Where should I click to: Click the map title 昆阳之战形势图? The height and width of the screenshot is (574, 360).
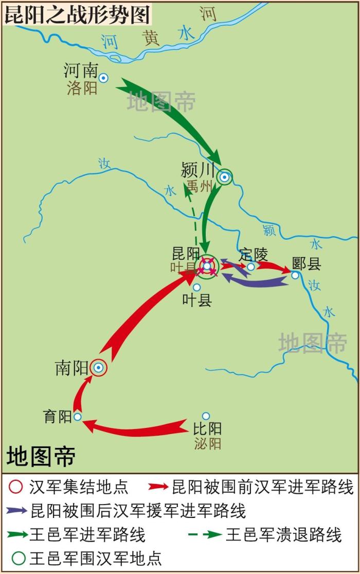pos(77,14)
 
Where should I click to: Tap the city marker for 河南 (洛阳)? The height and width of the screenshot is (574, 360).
pos(104,78)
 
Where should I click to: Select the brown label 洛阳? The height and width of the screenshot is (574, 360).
pos(82,88)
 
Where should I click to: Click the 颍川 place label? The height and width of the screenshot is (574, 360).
pos(196,170)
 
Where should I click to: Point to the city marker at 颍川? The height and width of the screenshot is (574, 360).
pos(224,177)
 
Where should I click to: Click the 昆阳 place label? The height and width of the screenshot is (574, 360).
pos(186,254)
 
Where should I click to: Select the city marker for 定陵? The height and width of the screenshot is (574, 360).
pos(250,266)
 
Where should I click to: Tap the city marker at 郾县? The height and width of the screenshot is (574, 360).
pos(295,275)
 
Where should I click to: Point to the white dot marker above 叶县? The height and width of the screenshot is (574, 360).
pos(196,288)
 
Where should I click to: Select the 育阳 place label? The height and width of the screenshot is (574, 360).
pos(58,417)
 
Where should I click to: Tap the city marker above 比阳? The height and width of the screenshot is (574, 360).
pos(206,416)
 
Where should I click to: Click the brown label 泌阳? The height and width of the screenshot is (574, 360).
pos(208,443)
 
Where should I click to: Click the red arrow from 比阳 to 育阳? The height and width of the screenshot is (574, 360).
pos(139,428)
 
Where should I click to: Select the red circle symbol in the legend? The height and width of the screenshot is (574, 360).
pos(17,487)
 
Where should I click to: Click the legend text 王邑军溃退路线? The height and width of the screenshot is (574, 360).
pos(283,534)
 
